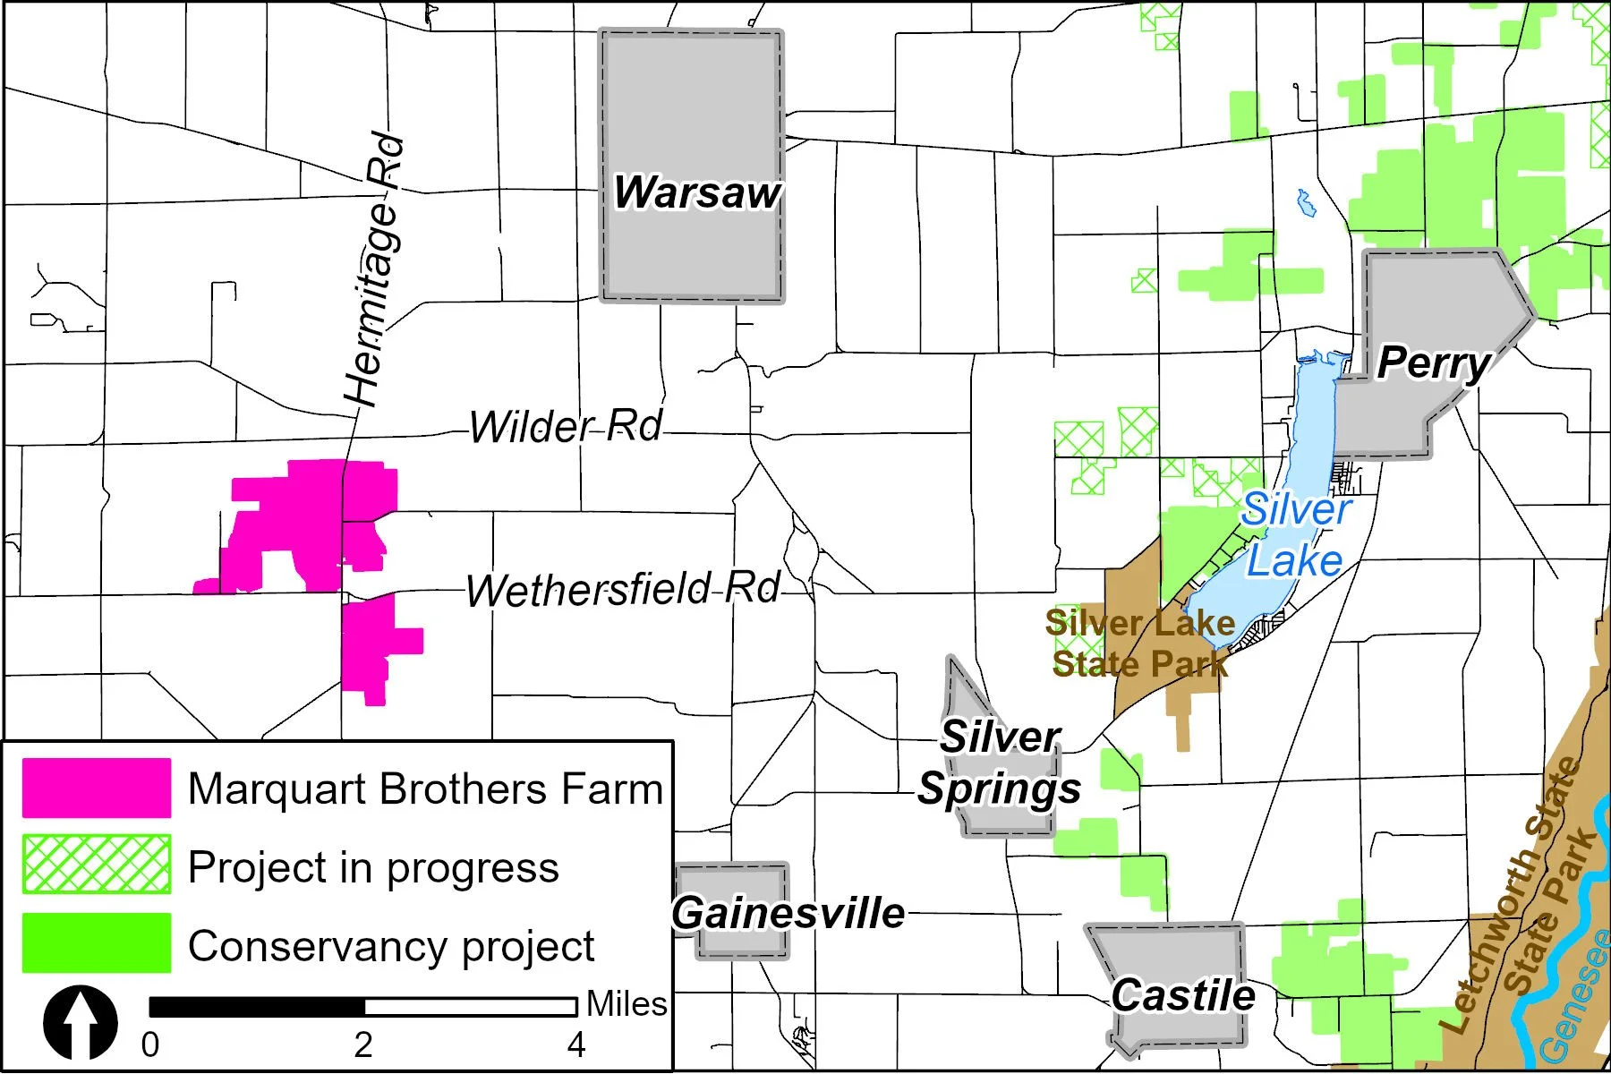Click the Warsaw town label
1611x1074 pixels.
coord(696,192)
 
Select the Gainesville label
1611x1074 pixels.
coord(788,913)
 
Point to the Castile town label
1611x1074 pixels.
coord(1182,995)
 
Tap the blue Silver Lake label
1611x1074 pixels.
coord(1295,535)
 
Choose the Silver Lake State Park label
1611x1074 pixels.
coord(1140,644)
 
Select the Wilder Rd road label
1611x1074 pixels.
coord(566,426)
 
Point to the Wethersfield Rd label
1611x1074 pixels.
coord(623,590)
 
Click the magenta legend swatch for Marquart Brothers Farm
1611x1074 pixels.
coord(97,788)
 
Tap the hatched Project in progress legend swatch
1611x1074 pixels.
coord(97,865)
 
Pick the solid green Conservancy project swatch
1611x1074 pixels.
coord(97,942)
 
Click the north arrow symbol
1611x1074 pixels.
coord(81,1022)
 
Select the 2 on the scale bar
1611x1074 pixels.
coord(362,1044)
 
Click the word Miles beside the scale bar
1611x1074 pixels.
coord(626,1004)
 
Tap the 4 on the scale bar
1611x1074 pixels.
coord(576,1044)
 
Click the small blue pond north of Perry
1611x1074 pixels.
coord(1307,204)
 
